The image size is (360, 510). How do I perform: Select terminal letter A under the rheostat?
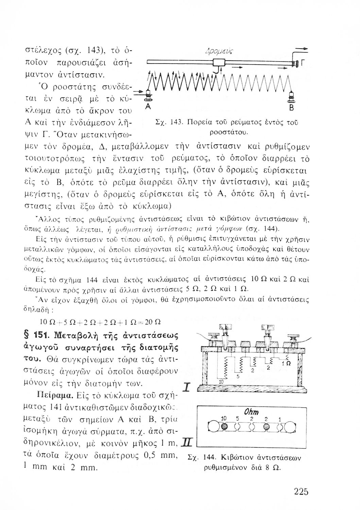(147, 106)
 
